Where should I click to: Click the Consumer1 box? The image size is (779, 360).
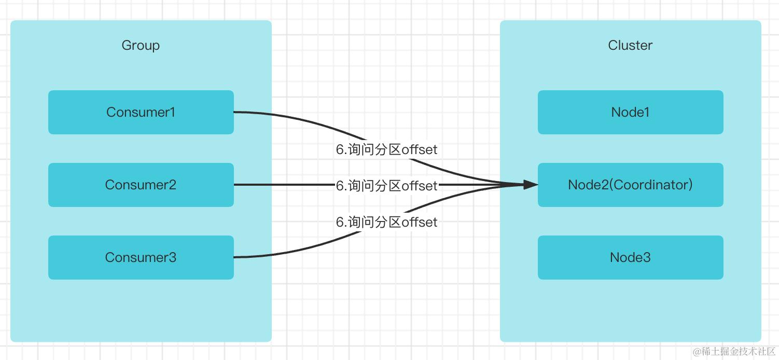(141, 112)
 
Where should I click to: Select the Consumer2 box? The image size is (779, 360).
(141, 185)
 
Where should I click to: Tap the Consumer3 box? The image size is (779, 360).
(141, 257)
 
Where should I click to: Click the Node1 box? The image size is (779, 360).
(630, 112)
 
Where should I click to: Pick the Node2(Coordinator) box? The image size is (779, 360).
(630, 185)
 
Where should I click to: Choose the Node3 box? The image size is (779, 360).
(630, 257)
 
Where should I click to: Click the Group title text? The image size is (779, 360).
(141, 45)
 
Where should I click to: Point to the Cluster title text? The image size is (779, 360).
(630, 45)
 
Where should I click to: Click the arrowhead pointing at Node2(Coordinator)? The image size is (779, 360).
(531, 184)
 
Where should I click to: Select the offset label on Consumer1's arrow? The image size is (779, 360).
(386, 149)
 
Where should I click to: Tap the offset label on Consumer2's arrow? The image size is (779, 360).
(386, 185)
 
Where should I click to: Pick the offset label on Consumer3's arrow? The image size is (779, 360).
(386, 222)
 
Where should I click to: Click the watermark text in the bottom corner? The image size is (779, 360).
(734, 351)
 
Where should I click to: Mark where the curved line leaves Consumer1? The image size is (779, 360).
(235, 112)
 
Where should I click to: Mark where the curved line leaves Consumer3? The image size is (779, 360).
(235, 257)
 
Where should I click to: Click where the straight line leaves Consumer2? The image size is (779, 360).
(235, 185)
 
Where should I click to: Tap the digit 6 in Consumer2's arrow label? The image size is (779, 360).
(340, 185)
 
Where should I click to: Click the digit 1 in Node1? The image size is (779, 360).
(646, 112)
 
